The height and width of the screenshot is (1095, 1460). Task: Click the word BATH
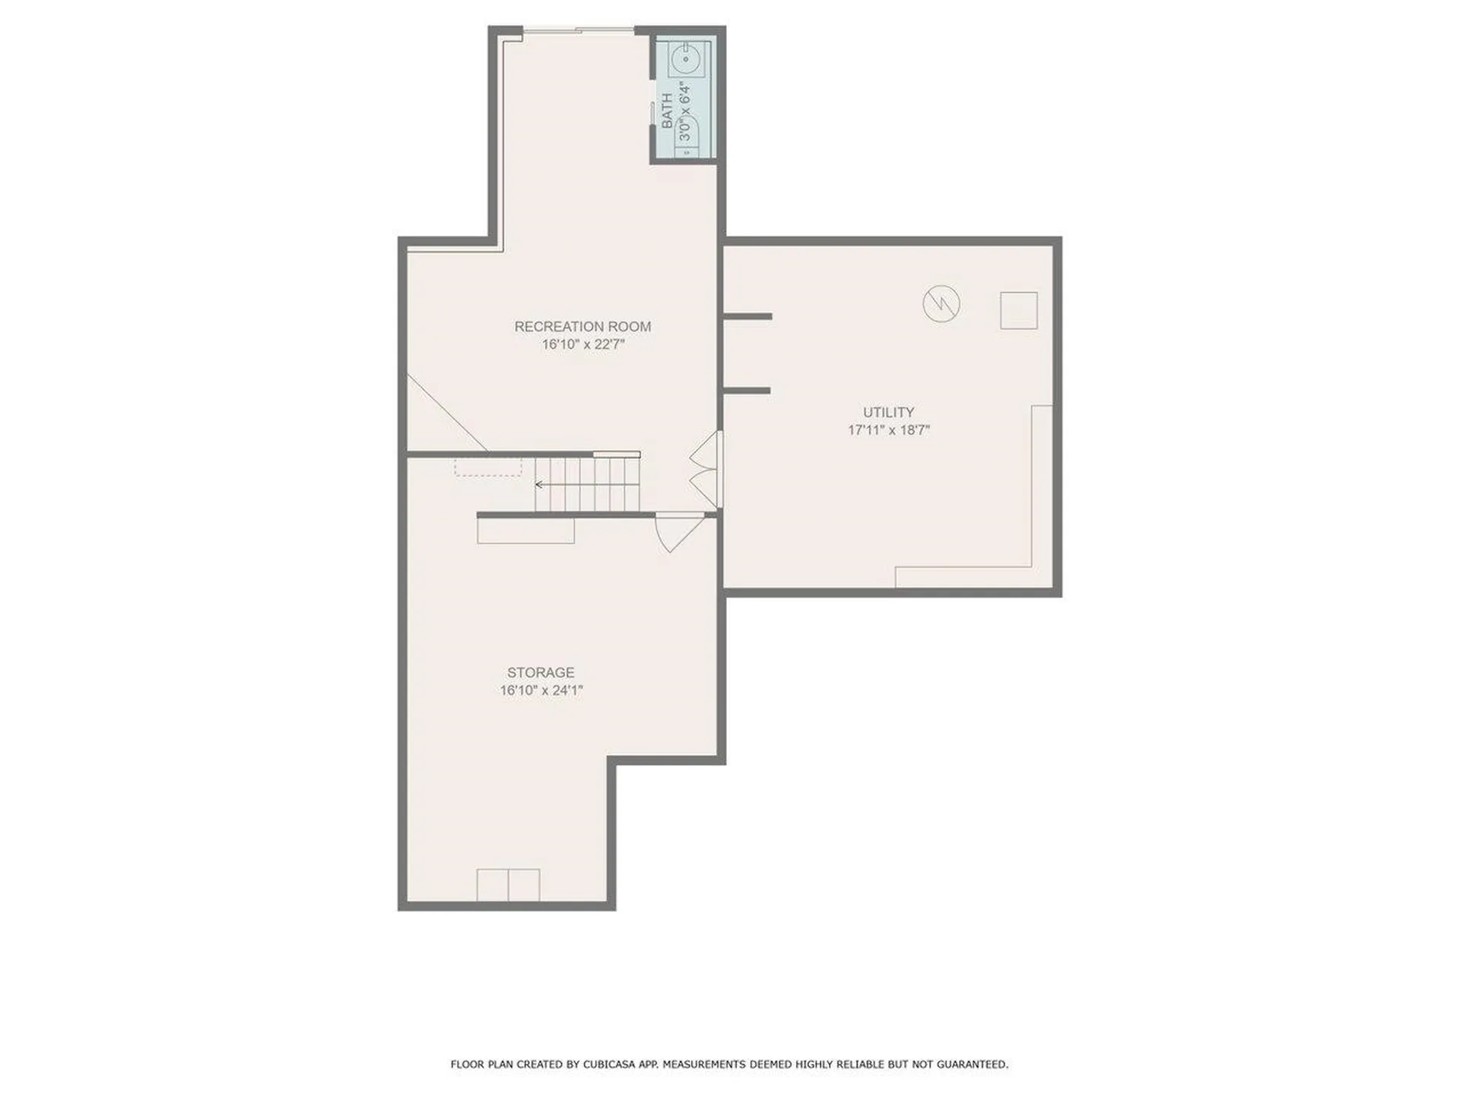pyautogui.click(x=667, y=111)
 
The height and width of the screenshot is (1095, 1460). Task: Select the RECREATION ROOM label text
pyautogui.click(x=582, y=326)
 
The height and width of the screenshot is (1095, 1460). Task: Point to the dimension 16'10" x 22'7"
pyautogui.click(x=582, y=344)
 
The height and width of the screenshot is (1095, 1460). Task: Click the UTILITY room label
pyautogui.click(x=888, y=412)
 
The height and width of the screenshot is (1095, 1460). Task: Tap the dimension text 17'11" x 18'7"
pyautogui.click(x=888, y=430)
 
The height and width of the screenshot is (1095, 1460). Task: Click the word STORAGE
pyautogui.click(x=541, y=672)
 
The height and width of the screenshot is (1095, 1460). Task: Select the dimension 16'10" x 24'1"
pyautogui.click(x=541, y=690)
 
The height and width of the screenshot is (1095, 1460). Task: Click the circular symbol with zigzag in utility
pyautogui.click(x=941, y=304)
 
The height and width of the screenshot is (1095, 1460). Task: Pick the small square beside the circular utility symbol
pyautogui.click(x=1018, y=310)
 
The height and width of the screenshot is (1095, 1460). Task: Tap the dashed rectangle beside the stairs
pyautogui.click(x=488, y=466)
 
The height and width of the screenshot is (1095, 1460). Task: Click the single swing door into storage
pyautogui.click(x=677, y=532)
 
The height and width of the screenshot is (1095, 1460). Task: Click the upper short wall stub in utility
pyautogui.click(x=748, y=316)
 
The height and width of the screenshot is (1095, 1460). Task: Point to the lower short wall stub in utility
pyautogui.click(x=747, y=391)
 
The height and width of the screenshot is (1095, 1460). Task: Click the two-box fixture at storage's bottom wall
pyautogui.click(x=508, y=884)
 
